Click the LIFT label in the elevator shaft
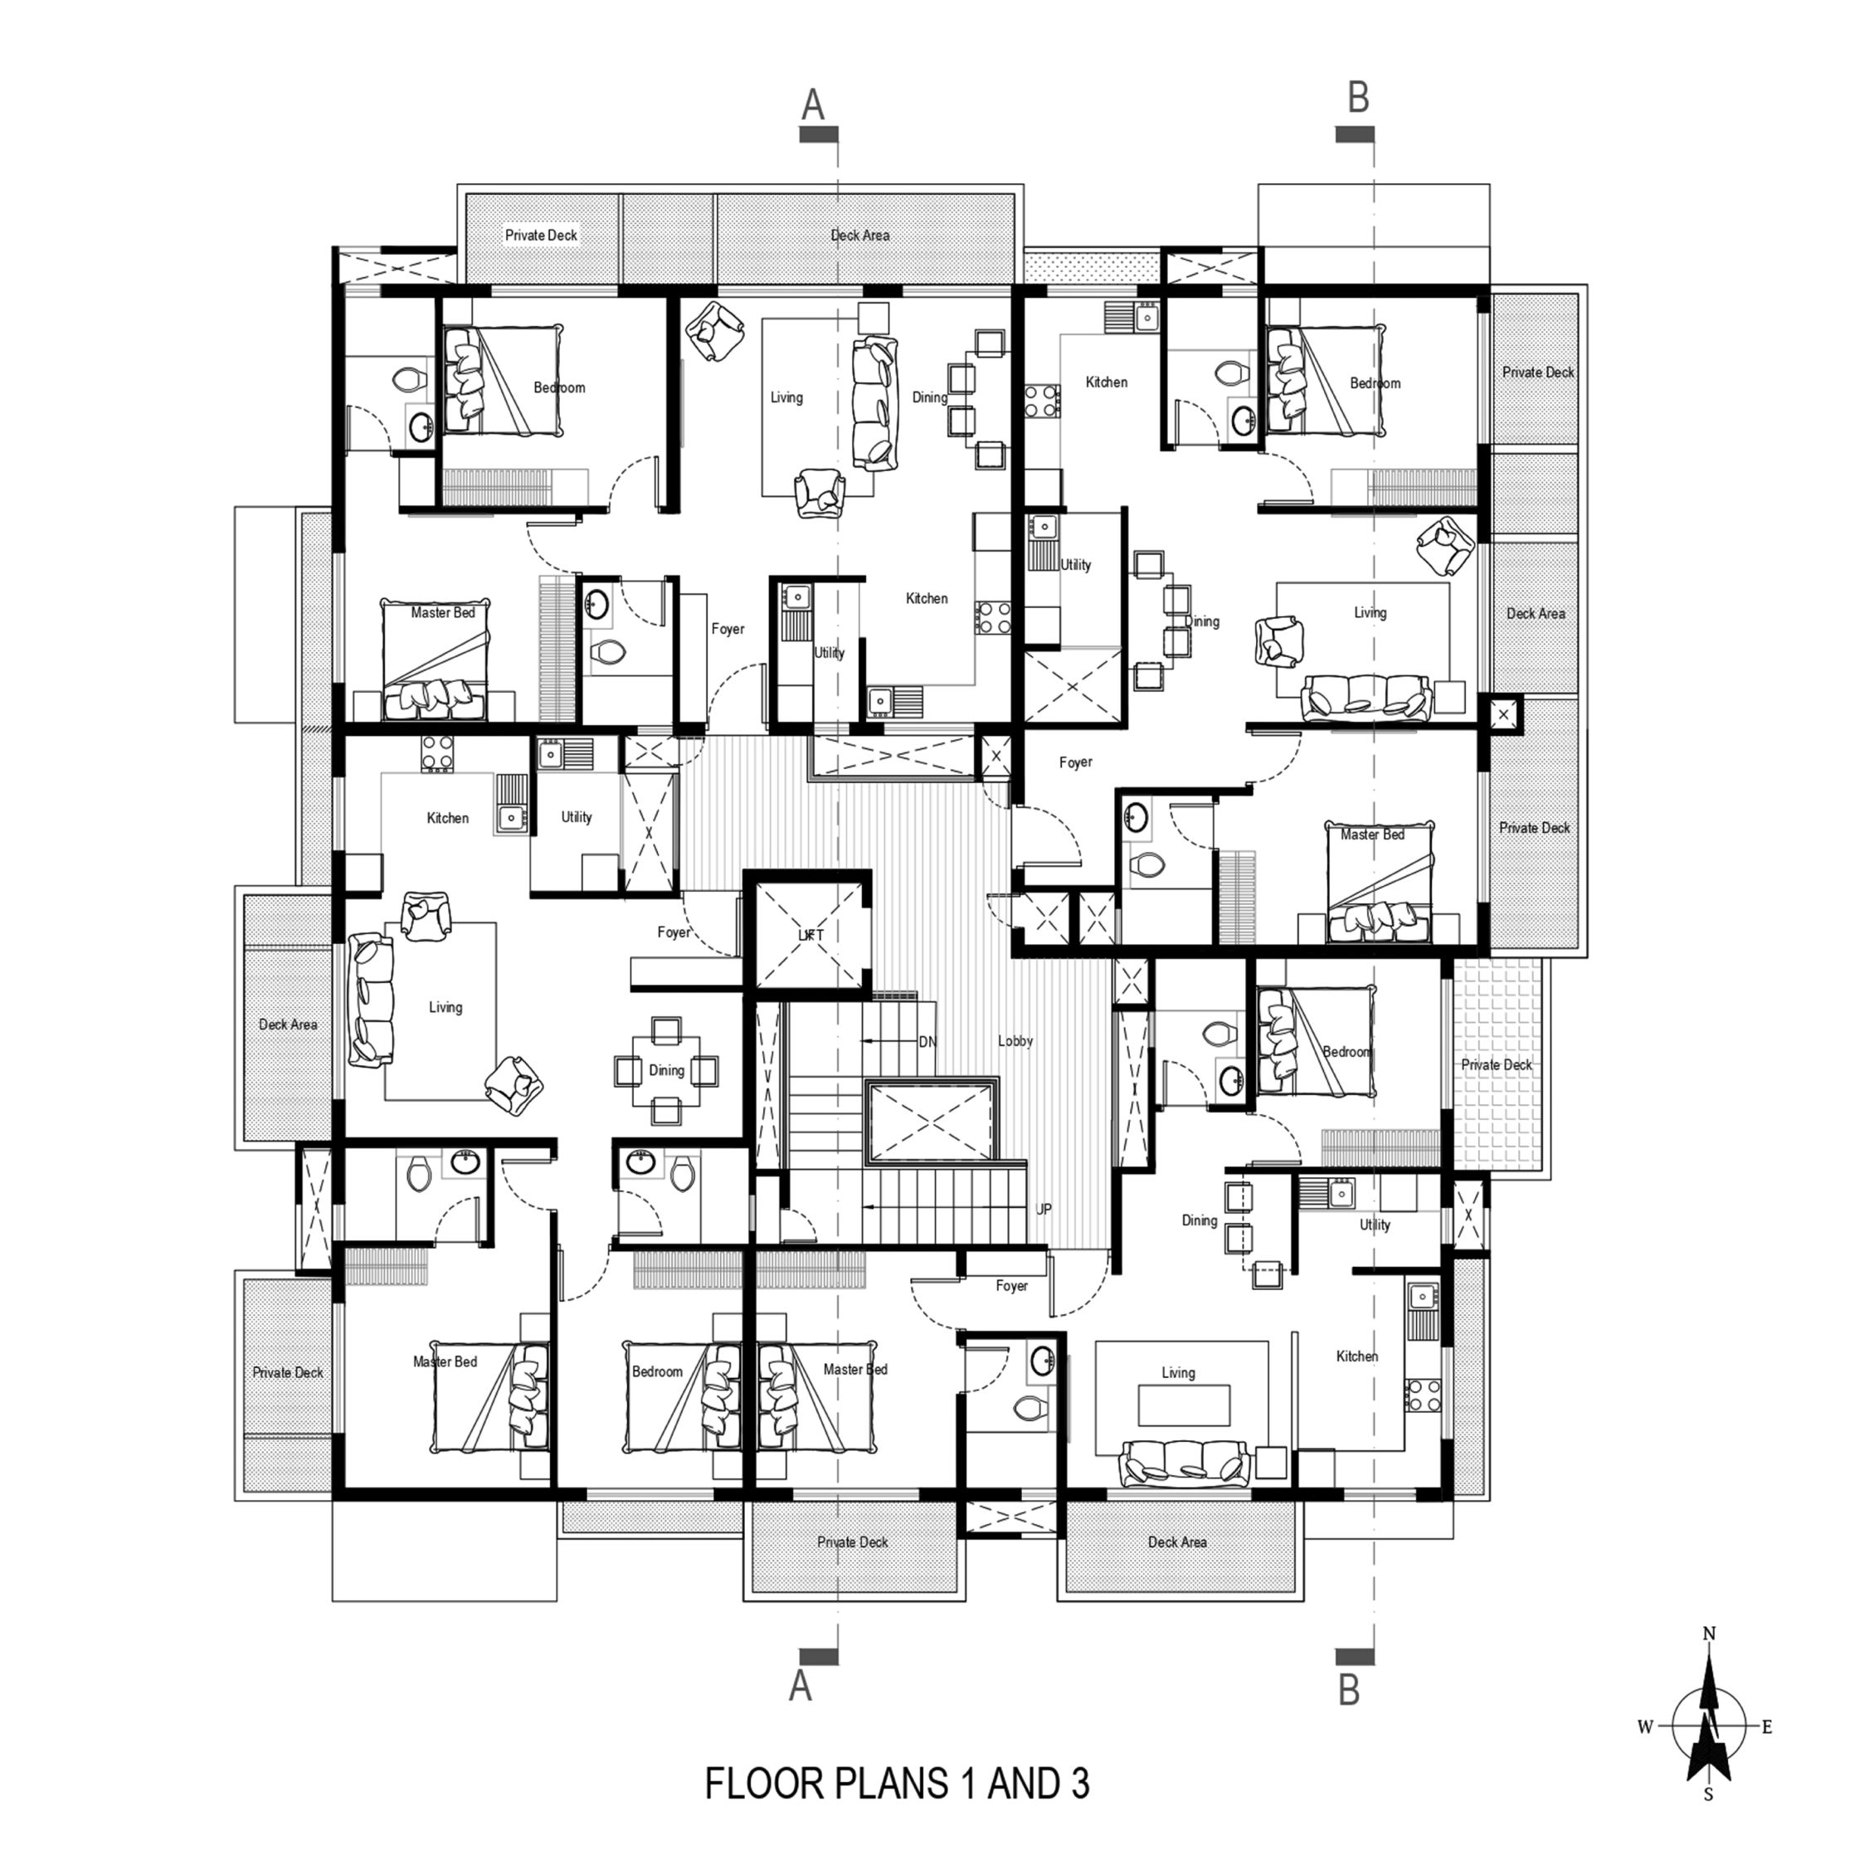point(811,934)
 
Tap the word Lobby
point(1015,1041)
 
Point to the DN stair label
point(927,1042)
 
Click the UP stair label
point(1044,1209)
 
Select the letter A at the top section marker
point(813,105)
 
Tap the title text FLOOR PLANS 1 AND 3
point(897,1783)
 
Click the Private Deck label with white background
point(542,236)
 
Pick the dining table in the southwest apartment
point(666,1069)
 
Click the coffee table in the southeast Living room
point(1184,1404)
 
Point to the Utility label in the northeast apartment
point(1075,565)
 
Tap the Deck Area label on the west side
point(288,1025)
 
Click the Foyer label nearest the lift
point(674,932)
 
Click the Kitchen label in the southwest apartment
point(447,818)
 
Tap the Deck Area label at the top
point(860,236)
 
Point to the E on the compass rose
point(1765,1727)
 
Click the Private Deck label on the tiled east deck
point(1496,1065)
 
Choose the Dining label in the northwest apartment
point(928,397)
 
